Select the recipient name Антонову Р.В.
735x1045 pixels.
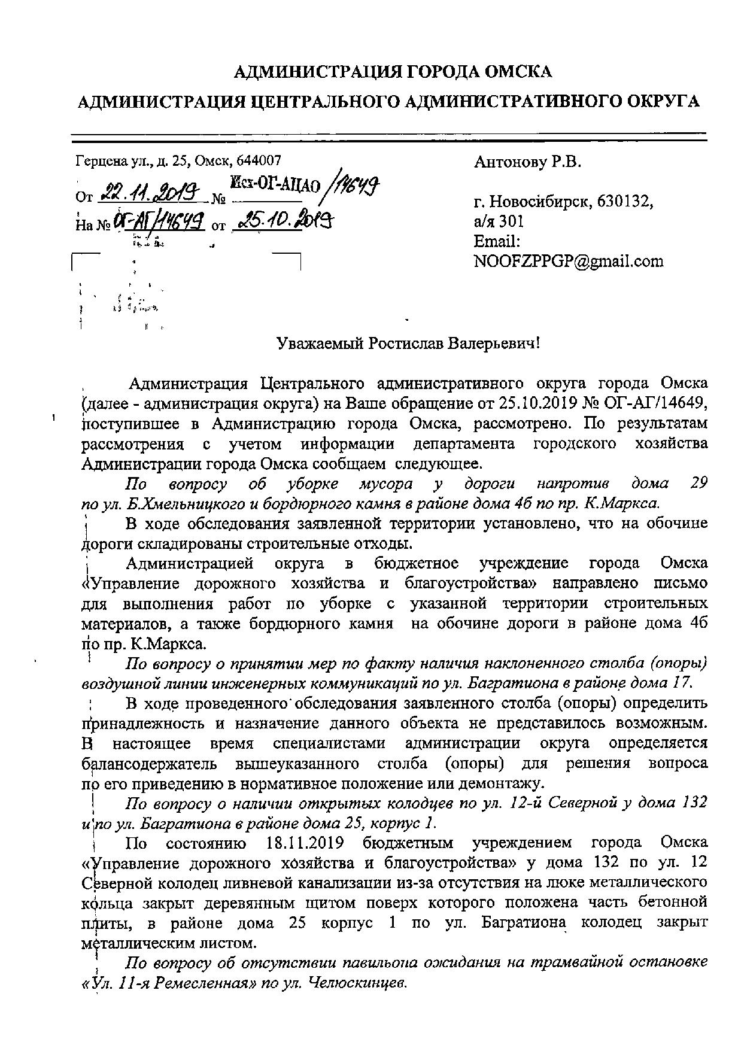(527, 162)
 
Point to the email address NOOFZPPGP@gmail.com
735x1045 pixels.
(568, 261)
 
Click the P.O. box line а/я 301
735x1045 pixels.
(499, 221)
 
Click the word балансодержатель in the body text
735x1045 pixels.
(152, 763)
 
